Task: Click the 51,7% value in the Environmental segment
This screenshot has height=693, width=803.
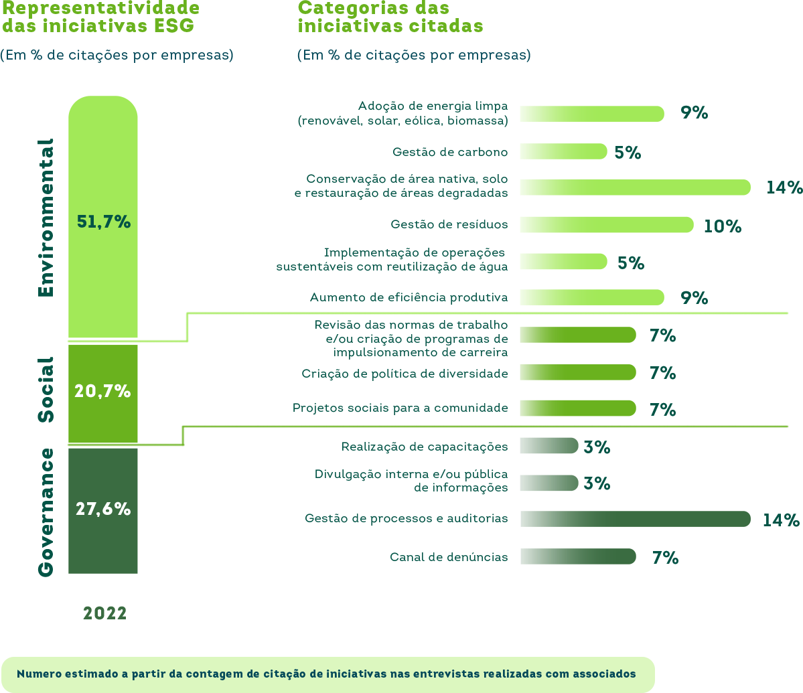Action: click(103, 222)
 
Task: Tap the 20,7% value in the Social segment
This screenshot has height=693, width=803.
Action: click(102, 391)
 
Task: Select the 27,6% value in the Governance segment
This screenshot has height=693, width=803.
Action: click(102, 509)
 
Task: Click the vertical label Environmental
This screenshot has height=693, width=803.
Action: click(46, 218)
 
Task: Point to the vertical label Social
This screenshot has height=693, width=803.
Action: click(46, 390)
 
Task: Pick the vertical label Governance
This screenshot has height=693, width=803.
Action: click(46, 512)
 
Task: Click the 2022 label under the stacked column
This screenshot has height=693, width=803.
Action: click(104, 613)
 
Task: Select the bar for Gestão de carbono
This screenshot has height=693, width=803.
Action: click(563, 151)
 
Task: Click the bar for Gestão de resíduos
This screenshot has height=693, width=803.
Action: click(606, 225)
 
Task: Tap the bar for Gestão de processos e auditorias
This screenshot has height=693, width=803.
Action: click(635, 519)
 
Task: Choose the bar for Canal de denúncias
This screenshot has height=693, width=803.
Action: click(577, 556)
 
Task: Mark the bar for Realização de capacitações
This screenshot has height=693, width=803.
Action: click(549, 446)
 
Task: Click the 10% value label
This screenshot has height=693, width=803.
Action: click(722, 226)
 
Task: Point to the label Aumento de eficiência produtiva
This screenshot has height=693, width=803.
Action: click(409, 297)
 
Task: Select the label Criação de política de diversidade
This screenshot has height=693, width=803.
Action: click(405, 374)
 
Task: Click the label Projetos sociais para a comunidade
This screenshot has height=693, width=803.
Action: click(400, 408)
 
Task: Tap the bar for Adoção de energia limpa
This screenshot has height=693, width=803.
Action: click(591, 114)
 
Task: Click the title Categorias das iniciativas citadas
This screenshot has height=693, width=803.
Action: click(390, 17)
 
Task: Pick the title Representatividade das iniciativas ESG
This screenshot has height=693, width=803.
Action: click(101, 17)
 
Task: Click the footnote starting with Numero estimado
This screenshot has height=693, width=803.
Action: click(326, 674)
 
